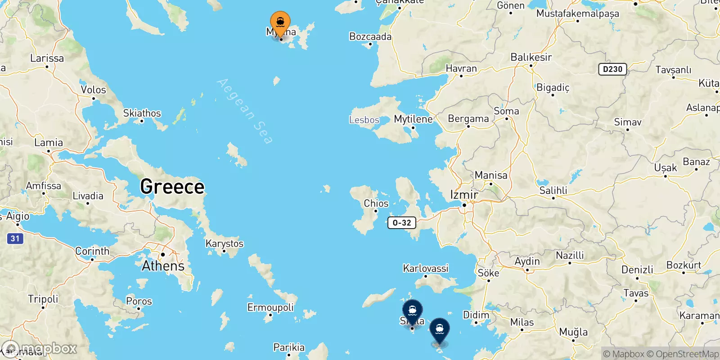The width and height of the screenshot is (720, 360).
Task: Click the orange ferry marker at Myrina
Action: pyautogui.click(x=280, y=22)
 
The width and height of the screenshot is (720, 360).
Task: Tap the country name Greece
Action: pyautogui.click(x=172, y=187)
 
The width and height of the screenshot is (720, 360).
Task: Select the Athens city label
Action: pyautogui.click(x=163, y=266)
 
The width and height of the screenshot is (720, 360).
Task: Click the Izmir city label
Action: pyautogui.click(x=464, y=195)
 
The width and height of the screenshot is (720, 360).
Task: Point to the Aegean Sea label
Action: pyautogui.click(x=245, y=111)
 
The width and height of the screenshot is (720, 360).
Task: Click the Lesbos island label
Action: pyautogui.click(x=364, y=120)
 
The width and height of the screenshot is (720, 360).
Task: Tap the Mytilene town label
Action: pyautogui.click(x=413, y=119)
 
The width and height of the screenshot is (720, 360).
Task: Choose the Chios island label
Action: pyautogui.click(x=376, y=203)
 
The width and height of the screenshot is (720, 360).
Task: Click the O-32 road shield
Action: pyautogui.click(x=402, y=223)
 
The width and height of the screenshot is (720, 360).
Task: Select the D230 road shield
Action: pyautogui.click(x=612, y=69)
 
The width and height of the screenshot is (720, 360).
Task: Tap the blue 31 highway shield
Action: pyautogui.click(x=15, y=238)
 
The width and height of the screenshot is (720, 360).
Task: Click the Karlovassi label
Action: pyautogui.click(x=426, y=269)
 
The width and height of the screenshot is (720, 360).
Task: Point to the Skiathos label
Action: pyautogui.click(x=142, y=113)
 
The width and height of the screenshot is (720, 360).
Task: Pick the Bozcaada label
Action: pyautogui.click(x=370, y=37)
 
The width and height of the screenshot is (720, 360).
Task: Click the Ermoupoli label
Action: pyautogui.click(x=270, y=307)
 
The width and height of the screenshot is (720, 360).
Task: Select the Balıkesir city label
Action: pyautogui.click(x=531, y=58)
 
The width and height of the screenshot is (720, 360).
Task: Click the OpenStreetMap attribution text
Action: pyautogui.click(x=683, y=354)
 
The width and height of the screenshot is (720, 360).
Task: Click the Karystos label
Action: pyautogui.click(x=225, y=243)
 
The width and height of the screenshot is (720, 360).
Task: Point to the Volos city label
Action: pyautogui.click(x=94, y=90)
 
